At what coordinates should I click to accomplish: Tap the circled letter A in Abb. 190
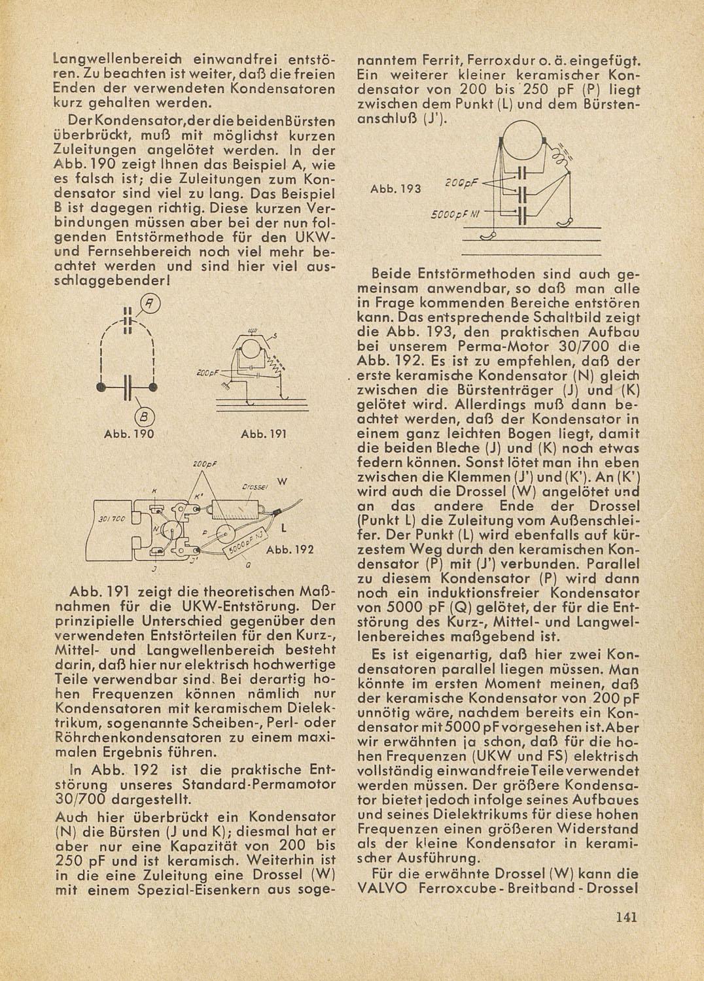point(151,303)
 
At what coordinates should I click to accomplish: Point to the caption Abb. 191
point(259,434)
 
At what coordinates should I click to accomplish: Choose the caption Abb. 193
point(395,189)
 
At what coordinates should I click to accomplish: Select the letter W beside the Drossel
point(283,482)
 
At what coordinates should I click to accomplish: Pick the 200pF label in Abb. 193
point(461,184)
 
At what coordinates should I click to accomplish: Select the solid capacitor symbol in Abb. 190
point(128,387)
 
